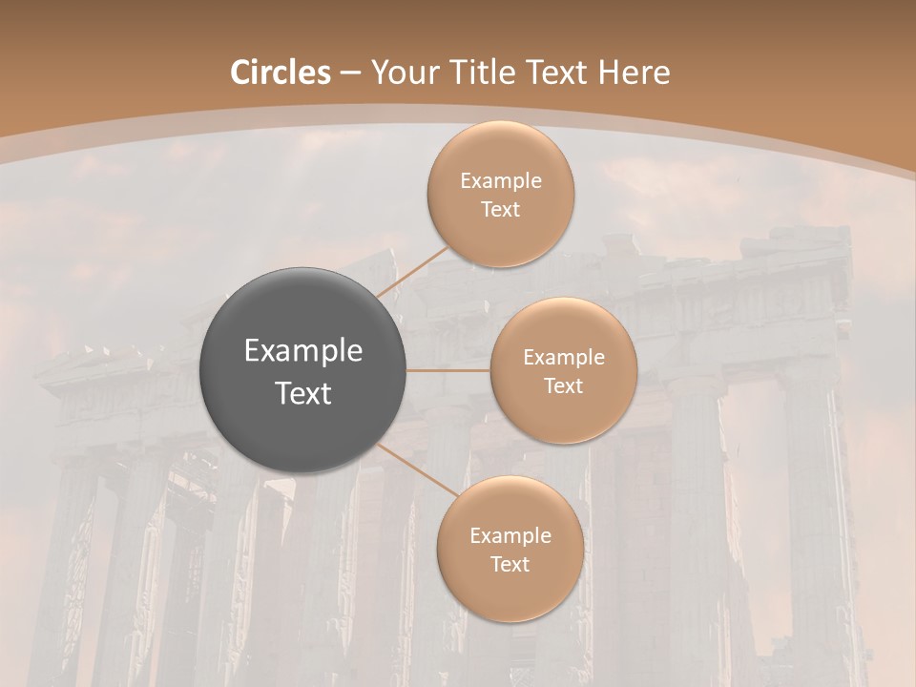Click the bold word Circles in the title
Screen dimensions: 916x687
280,73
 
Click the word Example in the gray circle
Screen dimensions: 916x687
303,351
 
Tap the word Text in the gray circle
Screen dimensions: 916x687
303,393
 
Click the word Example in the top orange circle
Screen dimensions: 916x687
500,181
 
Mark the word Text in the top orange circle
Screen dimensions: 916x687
500,210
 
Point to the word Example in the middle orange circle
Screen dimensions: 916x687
563,358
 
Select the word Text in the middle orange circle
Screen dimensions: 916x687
563,386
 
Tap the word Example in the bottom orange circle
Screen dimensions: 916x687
510,536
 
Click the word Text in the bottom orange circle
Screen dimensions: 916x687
510,565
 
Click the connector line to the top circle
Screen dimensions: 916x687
412,272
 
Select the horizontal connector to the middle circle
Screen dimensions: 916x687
448,370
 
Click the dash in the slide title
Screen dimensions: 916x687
350,73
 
